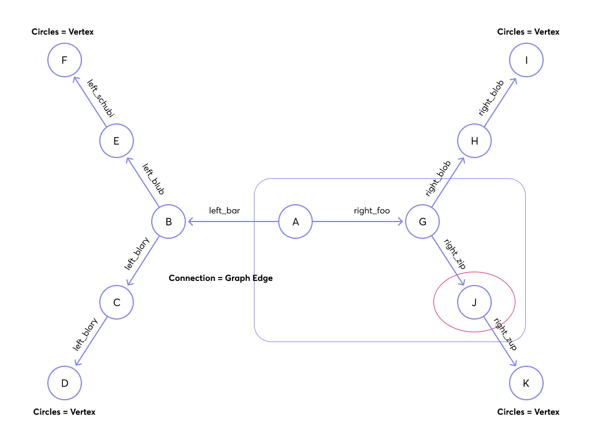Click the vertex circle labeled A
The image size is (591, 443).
(295, 221)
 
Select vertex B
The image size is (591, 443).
(169, 221)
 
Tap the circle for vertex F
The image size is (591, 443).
(65, 60)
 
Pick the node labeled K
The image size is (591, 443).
(526, 383)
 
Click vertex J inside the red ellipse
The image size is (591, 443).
(474, 302)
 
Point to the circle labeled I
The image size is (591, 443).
(526, 60)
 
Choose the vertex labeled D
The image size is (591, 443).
(65, 383)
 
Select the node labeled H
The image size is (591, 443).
(474, 141)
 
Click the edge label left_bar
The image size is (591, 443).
(225, 211)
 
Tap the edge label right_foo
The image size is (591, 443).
(372, 211)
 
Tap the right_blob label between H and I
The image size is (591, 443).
(491, 99)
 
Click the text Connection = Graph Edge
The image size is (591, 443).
(220, 278)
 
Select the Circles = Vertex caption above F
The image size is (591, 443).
(62, 32)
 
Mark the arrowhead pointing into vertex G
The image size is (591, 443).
(402, 221)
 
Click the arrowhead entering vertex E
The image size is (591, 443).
(128, 160)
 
